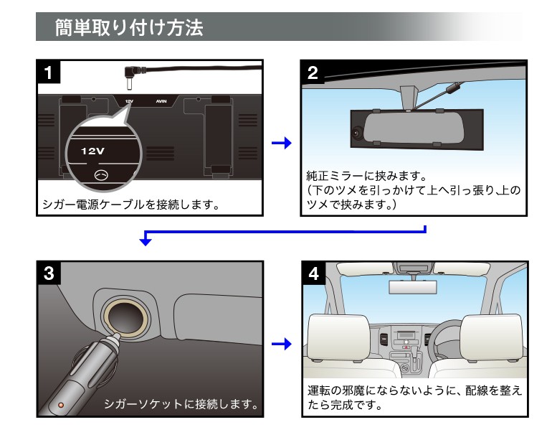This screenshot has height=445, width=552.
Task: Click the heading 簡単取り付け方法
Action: tap(129, 27)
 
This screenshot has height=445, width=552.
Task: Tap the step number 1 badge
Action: tap(49, 72)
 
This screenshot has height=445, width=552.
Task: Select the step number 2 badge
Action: tap(313, 72)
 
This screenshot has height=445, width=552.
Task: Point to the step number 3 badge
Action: tap(49, 273)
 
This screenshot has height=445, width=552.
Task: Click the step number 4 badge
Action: tap(314, 273)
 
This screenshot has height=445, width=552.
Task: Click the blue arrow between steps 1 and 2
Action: tap(282, 143)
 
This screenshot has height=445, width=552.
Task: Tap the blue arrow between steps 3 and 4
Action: tap(282, 344)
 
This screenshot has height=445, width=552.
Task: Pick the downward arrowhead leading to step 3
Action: tap(145, 241)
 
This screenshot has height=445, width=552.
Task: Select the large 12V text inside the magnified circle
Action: tap(92, 151)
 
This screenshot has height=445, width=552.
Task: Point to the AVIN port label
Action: tap(161, 101)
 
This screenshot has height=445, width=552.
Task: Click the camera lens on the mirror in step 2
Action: tap(356, 133)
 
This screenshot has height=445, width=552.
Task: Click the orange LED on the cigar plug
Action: tap(60, 406)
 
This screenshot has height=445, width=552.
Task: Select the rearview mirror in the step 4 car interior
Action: tap(413, 287)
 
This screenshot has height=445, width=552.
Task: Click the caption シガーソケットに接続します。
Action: tap(181, 404)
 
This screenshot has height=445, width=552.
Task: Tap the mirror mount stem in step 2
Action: tap(409, 98)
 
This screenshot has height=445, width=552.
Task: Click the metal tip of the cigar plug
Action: tap(115, 338)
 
